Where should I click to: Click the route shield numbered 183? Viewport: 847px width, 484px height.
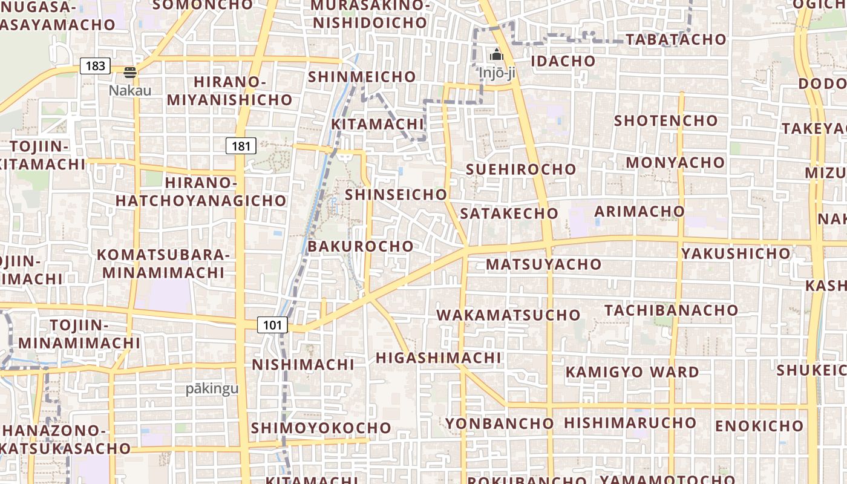point(96,66)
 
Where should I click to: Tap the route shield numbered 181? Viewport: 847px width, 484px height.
point(241,146)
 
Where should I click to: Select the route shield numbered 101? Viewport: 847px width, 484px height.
point(272,325)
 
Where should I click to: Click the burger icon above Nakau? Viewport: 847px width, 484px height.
point(130,73)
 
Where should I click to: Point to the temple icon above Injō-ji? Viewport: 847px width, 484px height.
point(497,55)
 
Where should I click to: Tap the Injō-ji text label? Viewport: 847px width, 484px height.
point(497,73)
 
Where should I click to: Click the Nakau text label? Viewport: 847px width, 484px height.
point(130,90)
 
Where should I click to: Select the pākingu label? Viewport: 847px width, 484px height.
point(212,388)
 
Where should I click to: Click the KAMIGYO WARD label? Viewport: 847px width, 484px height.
point(632,371)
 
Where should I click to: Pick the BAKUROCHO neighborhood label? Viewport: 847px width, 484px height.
point(361,246)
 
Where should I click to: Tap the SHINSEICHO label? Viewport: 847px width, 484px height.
point(396,194)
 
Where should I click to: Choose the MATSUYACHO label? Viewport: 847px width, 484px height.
point(543,264)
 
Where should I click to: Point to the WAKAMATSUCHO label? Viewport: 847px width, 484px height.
point(508,315)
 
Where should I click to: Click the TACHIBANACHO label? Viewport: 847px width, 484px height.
point(672,310)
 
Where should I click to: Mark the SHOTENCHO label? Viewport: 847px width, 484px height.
point(666,120)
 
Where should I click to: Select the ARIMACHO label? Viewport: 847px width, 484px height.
point(639,211)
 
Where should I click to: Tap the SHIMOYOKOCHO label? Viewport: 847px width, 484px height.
point(321,428)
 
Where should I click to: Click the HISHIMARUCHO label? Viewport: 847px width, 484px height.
point(630,422)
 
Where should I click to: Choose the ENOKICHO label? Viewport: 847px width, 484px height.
point(759,426)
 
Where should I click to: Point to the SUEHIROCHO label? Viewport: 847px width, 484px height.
point(521,169)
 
